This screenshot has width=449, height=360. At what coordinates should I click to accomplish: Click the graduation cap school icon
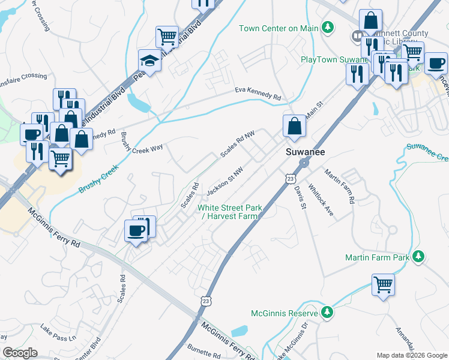click(x=149, y=59)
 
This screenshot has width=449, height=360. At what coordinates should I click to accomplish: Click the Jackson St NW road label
click(x=224, y=181)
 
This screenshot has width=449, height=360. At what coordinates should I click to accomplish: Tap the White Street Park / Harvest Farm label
click(x=231, y=212)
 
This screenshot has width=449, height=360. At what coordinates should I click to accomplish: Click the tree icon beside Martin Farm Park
click(x=418, y=257)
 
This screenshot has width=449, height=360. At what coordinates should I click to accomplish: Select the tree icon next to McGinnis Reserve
click(x=327, y=313)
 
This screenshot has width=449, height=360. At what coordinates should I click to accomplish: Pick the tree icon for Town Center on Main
click(x=328, y=28)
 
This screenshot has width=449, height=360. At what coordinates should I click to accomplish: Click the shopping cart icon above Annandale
click(x=383, y=284)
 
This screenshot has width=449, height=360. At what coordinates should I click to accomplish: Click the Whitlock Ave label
click(x=316, y=196)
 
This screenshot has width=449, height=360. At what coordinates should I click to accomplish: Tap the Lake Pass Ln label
click(x=59, y=333)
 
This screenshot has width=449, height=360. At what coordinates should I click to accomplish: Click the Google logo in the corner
click(x=20, y=353)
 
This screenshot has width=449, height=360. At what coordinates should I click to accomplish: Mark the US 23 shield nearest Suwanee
click(x=291, y=178)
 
